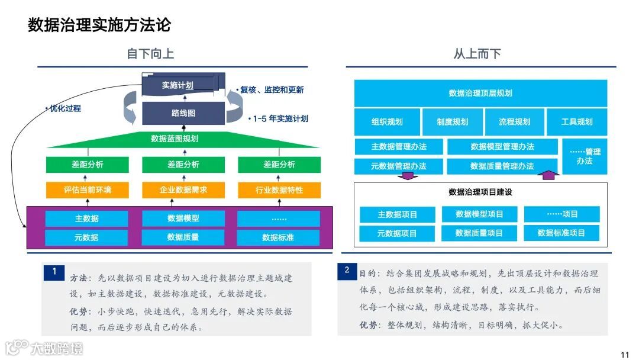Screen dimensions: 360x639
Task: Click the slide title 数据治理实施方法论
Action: point(99,25)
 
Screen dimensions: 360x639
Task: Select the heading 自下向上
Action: point(150,54)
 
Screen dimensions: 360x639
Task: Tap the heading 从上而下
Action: point(477,54)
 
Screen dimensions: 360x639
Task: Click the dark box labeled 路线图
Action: point(183,112)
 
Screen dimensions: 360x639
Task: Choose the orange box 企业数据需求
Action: point(183,190)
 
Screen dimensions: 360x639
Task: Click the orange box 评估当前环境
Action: point(87,190)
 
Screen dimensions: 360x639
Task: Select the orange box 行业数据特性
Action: point(279,190)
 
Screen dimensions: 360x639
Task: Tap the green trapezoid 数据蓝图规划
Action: point(175,139)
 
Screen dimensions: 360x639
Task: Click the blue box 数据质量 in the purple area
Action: point(183,237)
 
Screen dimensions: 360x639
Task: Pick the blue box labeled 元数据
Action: point(86,237)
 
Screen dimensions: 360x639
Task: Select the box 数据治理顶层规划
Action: point(480,93)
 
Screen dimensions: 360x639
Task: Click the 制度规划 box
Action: point(452,122)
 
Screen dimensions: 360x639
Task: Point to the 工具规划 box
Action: point(577,122)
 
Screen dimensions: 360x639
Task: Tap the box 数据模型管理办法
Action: point(502,146)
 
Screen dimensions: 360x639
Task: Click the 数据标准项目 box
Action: point(561,233)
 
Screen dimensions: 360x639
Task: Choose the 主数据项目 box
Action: point(397,214)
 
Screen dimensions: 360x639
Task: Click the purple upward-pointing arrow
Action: point(550,174)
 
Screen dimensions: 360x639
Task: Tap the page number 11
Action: point(625,355)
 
